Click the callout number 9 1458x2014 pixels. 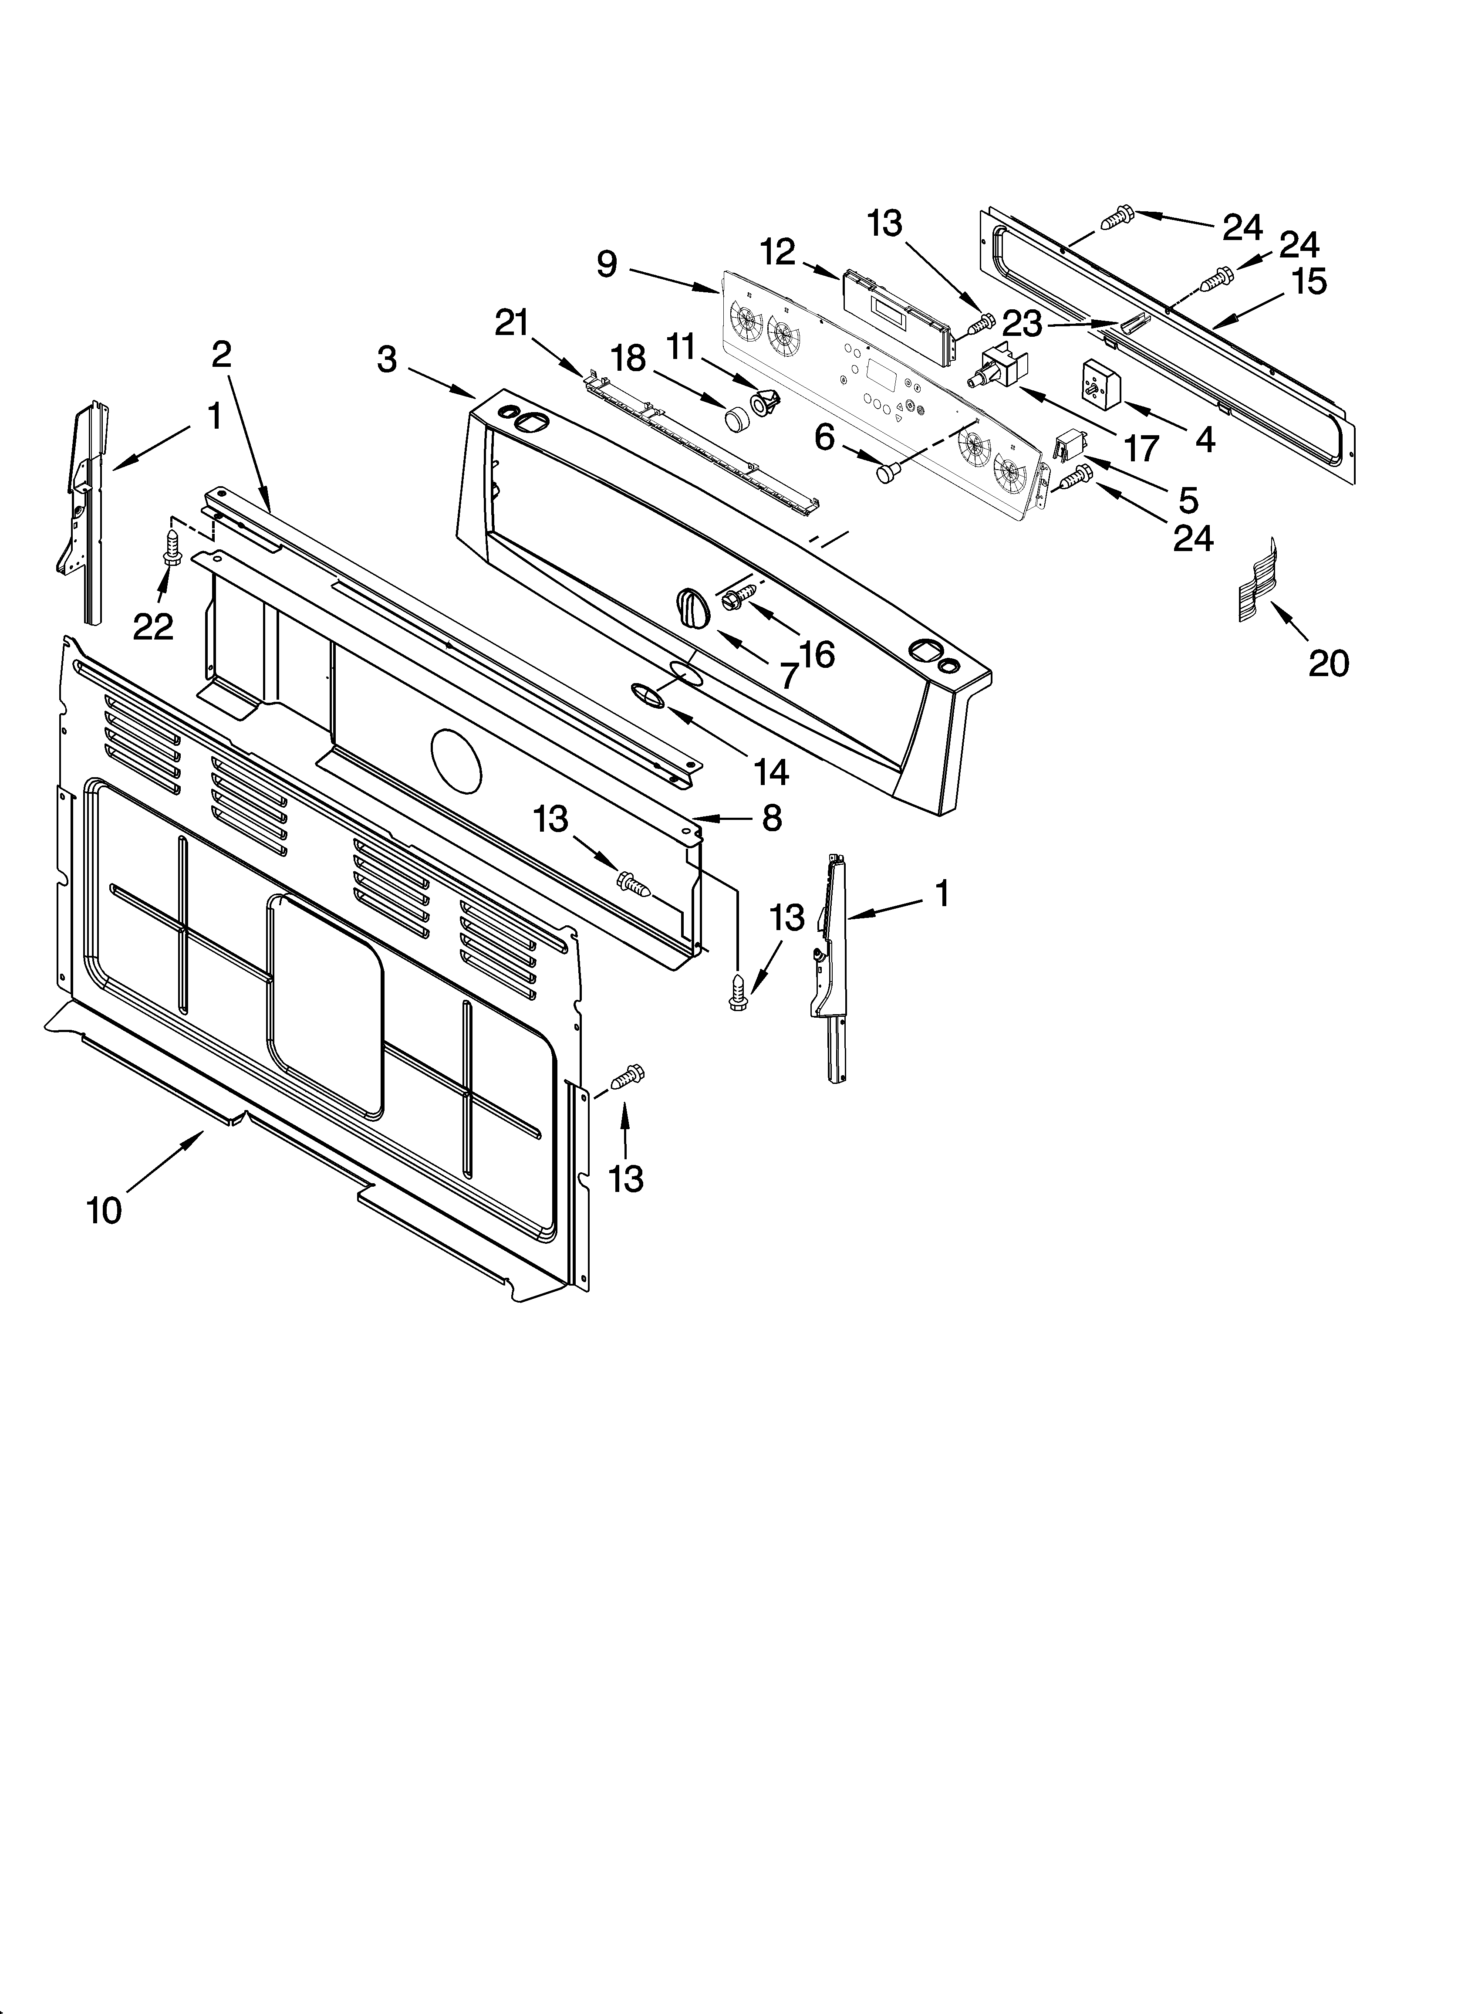(607, 264)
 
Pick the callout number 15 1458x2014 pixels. (1309, 281)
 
